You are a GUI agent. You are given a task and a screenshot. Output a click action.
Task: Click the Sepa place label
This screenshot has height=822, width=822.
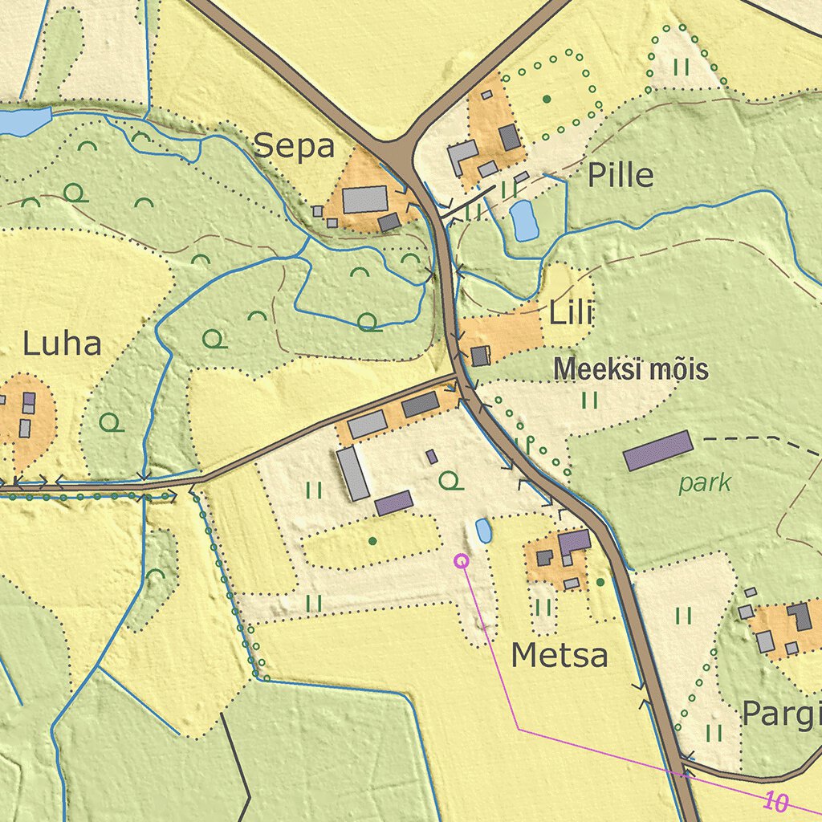(294, 147)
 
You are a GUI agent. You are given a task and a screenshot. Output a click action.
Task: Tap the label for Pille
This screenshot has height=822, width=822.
(621, 175)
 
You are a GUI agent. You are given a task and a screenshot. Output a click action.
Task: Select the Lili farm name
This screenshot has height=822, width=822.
(570, 314)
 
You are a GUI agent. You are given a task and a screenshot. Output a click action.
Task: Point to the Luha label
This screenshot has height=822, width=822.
(62, 344)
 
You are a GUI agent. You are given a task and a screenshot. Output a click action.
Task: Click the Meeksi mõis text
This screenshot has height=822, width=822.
(632, 370)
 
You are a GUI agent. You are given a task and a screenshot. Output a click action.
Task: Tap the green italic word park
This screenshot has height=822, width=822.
(705, 483)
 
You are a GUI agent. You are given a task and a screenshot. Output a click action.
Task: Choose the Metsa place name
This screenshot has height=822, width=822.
(560, 656)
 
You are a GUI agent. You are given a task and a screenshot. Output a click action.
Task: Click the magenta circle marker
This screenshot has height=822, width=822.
(462, 561)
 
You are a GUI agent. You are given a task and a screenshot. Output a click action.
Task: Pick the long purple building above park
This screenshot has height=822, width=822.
(657, 450)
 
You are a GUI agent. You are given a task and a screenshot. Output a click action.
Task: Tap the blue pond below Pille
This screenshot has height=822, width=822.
(525, 220)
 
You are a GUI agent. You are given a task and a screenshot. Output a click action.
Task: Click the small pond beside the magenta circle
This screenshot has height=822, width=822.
(484, 531)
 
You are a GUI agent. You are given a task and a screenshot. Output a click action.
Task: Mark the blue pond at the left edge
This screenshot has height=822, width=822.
(24, 122)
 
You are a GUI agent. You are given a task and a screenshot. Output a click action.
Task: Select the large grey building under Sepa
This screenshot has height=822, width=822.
(365, 199)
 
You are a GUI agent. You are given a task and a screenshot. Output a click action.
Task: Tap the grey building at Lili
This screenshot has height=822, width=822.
(480, 356)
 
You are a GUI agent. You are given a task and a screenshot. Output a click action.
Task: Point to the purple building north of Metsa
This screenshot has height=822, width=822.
(575, 542)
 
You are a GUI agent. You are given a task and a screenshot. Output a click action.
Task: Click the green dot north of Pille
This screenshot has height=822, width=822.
(547, 99)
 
